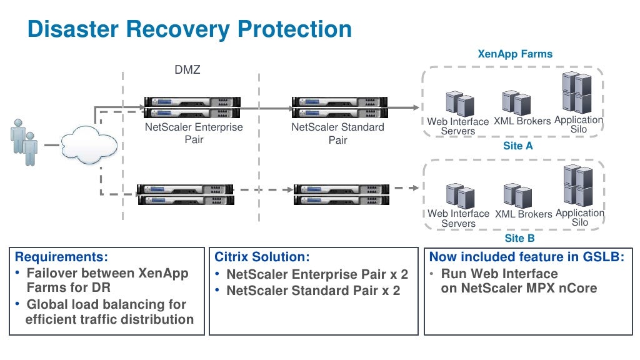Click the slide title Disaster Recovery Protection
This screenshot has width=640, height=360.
(x=189, y=29)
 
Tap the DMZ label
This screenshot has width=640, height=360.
(x=187, y=70)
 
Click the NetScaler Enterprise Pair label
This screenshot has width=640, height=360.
(x=194, y=133)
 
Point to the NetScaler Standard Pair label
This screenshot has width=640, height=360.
(x=337, y=133)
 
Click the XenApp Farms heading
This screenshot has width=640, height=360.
(x=515, y=54)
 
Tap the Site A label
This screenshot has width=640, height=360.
(x=518, y=146)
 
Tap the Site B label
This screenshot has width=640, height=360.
(x=519, y=238)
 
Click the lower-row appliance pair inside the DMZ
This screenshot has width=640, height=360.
(x=185, y=195)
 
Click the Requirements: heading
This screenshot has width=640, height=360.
(x=61, y=257)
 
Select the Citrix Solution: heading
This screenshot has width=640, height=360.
(x=262, y=257)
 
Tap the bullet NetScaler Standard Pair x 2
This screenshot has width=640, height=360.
(x=313, y=291)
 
